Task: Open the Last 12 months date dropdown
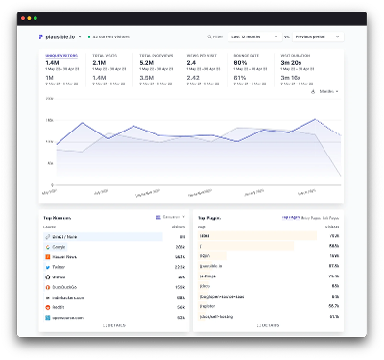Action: [253, 36]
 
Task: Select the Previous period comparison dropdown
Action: [317, 36]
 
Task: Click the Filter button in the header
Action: [214, 36]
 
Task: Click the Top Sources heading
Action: [59, 218]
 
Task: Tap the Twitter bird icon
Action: [47, 266]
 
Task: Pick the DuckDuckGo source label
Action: [64, 286]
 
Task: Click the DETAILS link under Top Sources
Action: [114, 326]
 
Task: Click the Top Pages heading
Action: [210, 218]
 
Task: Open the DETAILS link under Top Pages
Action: [270, 326]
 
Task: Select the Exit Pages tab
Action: [328, 218]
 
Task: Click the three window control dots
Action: [30, 18]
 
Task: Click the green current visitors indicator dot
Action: [90, 36]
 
